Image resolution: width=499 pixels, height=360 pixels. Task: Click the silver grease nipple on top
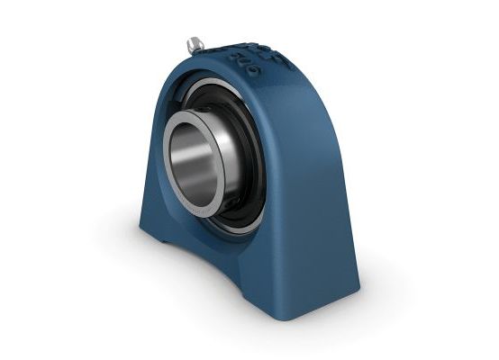[x=195, y=42]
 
